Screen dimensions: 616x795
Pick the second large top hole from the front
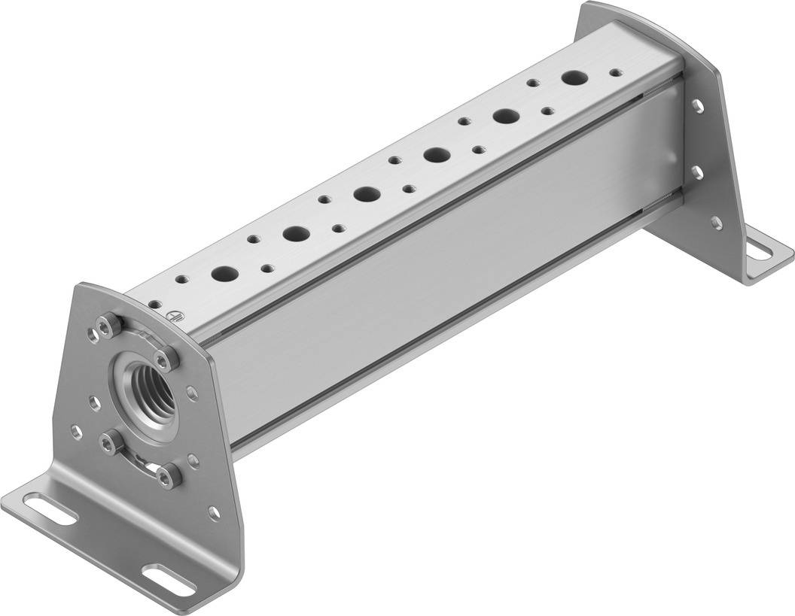(x=294, y=234)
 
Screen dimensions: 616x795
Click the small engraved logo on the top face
(x=172, y=317)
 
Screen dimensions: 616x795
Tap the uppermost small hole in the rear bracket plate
(x=697, y=105)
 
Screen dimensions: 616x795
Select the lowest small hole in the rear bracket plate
(x=716, y=222)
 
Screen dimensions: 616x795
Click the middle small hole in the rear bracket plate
(x=698, y=172)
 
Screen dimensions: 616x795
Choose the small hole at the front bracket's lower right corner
(x=215, y=513)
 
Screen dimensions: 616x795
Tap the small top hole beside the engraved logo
(x=154, y=305)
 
